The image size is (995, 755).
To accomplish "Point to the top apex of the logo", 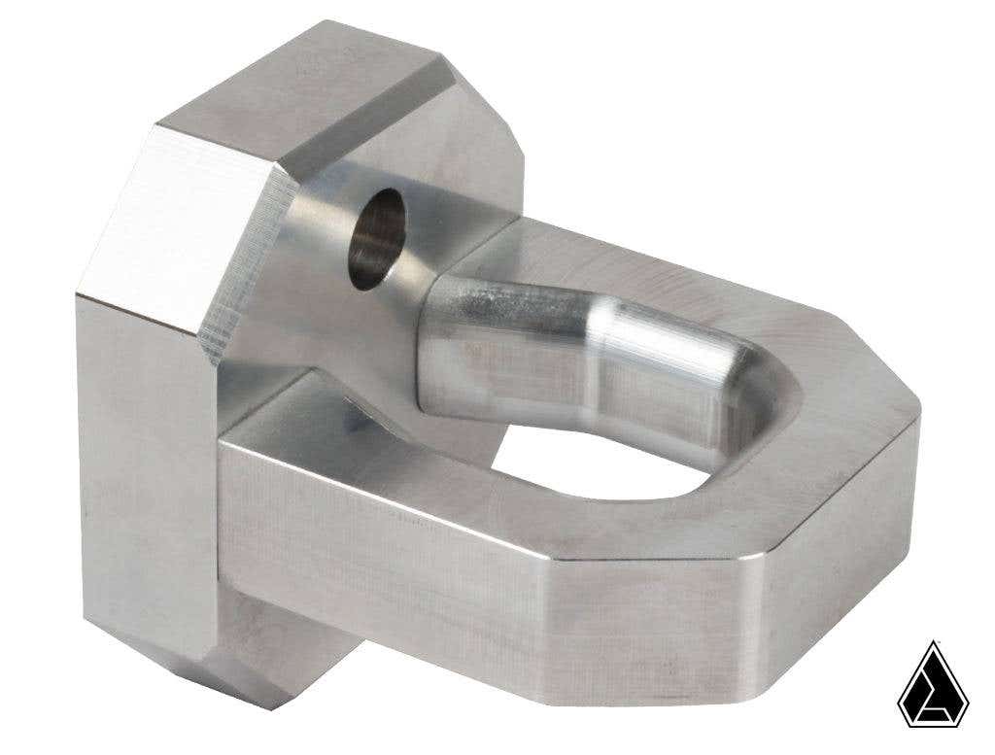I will pos(933,644).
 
